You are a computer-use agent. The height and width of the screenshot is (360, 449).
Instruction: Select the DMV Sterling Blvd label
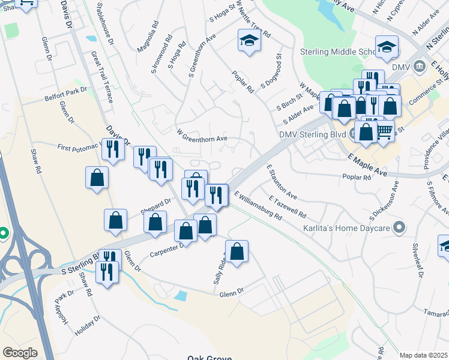click(x=313, y=134)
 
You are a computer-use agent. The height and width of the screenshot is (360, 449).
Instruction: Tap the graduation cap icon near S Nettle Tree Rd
click(x=249, y=41)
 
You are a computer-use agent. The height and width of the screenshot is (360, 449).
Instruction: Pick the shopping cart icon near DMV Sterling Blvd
click(x=384, y=131)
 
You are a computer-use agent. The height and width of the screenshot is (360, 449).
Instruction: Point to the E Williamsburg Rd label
click(x=258, y=206)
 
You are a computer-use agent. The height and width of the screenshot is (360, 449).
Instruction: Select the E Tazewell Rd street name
click(x=288, y=206)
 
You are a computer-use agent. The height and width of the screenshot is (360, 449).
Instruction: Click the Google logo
click(x=20, y=353)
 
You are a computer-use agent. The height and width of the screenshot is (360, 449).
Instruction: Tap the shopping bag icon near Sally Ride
click(x=237, y=252)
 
